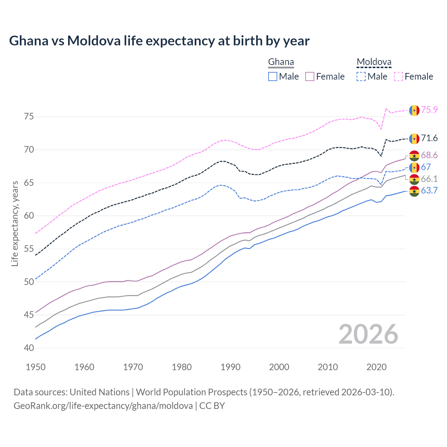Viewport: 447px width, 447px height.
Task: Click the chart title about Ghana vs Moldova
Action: tap(159, 41)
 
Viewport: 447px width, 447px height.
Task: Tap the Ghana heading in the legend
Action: tap(281, 62)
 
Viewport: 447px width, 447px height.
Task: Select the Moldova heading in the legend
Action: tap(374, 62)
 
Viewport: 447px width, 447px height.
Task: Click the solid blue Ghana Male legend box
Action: tap(273, 76)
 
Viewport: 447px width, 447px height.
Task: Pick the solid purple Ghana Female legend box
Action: tap(310, 76)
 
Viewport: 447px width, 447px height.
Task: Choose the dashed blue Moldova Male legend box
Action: tap(361, 76)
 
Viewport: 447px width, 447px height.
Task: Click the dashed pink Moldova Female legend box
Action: tap(398, 76)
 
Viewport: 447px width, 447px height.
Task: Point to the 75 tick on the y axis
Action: tap(29, 117)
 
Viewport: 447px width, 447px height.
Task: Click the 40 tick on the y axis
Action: tap(29, 348)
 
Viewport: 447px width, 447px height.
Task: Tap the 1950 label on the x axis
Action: tap(36, 367)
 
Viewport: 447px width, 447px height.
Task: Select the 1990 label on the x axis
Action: tap(230, 367)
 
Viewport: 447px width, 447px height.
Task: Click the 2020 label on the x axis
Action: tap(376, 367)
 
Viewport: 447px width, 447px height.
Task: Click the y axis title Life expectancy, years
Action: tap(15, 223)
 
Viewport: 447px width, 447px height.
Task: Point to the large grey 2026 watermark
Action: tap(368, 334)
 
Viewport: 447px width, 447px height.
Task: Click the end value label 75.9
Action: tap(429, 110)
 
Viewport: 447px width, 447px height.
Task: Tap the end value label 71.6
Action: tap(429, 138)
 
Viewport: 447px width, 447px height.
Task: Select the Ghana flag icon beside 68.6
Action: tap(414, 156)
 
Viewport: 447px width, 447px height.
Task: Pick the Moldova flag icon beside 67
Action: tap(414, 168)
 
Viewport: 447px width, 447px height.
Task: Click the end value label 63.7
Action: tap(429, 191)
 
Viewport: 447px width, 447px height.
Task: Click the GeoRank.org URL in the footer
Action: tap(103, 406)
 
